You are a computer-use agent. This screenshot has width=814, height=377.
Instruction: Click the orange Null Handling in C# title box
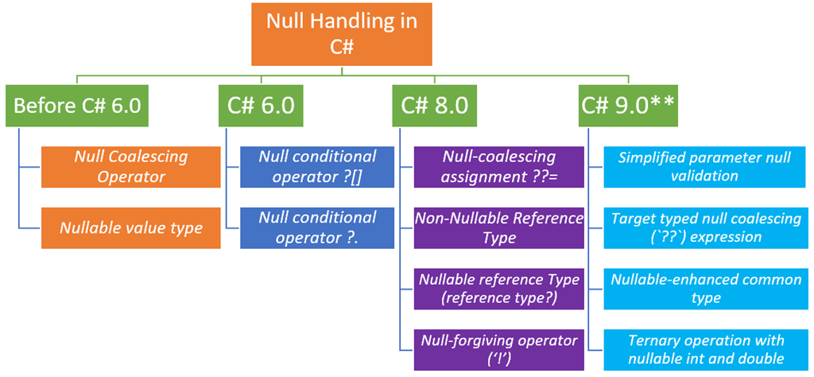click(x=341, y=33)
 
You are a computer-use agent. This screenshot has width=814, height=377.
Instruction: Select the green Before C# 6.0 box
click(x=77, y=105)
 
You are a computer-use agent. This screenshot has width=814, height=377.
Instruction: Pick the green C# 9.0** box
click(x=628, y=105)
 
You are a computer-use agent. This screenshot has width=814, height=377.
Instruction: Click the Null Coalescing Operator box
click(x=131, y=166)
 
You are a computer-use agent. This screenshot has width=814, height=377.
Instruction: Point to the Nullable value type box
click(x=131, y=227)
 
